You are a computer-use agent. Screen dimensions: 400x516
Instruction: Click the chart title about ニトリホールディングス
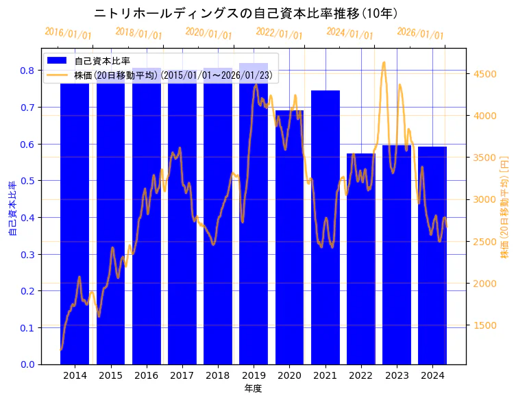(246, 14)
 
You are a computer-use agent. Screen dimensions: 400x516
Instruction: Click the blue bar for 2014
(75, 226)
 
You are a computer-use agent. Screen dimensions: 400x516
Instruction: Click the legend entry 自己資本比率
(102, 61)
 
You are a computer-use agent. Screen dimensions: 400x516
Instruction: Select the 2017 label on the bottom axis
(182, 376)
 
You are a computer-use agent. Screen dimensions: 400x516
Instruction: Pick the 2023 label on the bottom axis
(397, 376)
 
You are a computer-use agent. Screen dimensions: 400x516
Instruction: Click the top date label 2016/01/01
(68, 34)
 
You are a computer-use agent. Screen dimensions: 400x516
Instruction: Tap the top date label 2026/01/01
(420, 34)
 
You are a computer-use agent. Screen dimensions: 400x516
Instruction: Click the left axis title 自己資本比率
(12, 209)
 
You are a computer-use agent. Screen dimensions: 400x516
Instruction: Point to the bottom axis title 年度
(253, 388)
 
